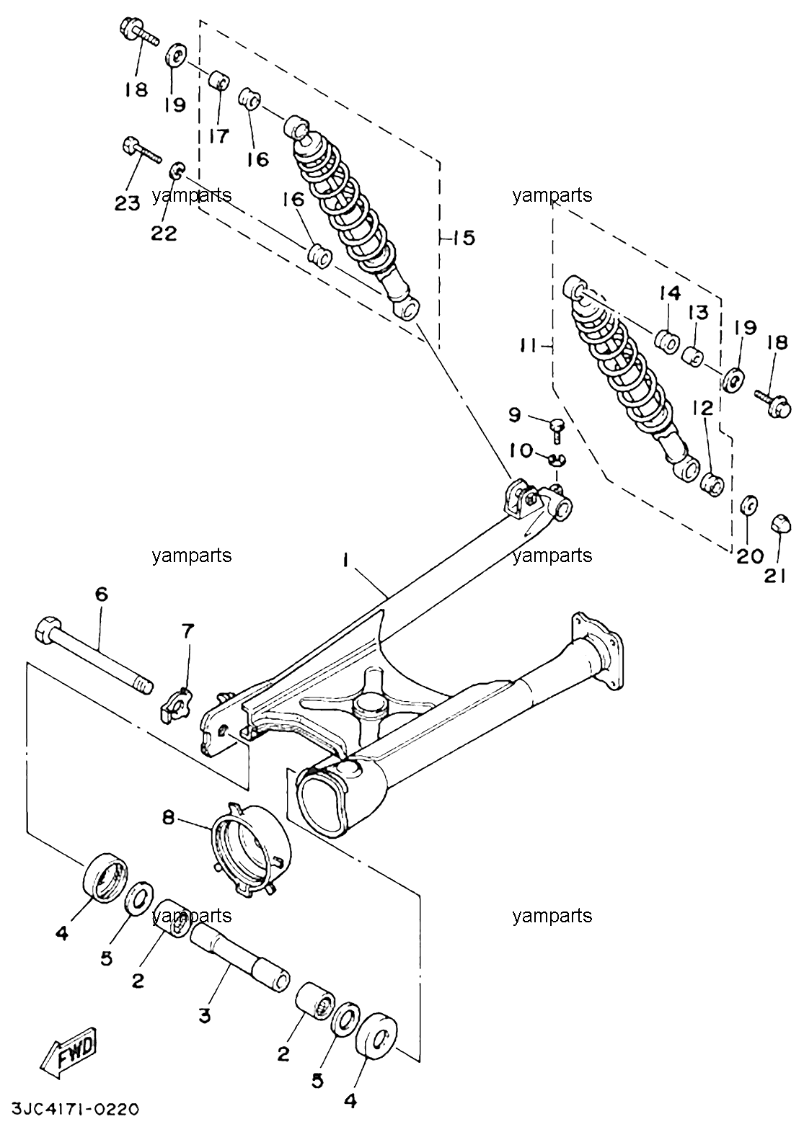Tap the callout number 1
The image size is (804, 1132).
345,561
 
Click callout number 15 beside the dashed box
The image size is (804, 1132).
464,237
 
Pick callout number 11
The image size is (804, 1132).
529,346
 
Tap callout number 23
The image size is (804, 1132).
126,204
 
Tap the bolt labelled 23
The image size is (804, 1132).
141,150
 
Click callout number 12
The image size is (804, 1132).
706,407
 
